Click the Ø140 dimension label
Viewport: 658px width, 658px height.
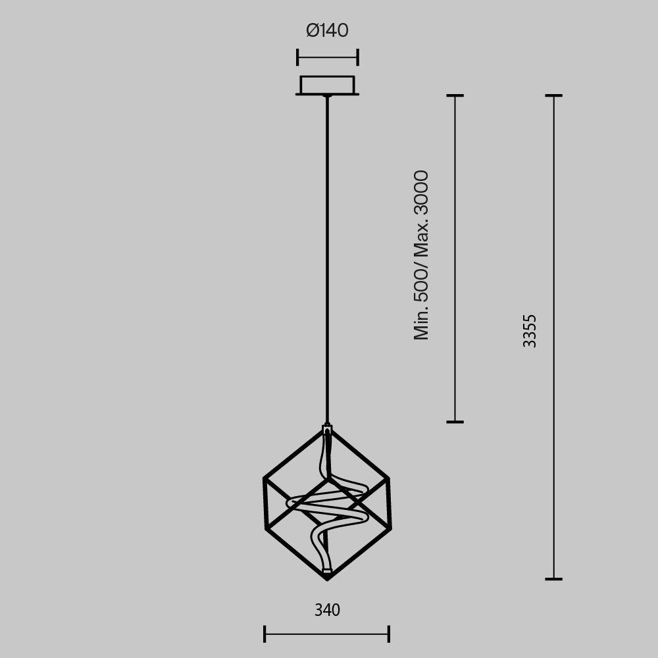327,31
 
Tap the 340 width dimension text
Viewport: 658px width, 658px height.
327,610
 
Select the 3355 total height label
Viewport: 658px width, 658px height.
530,331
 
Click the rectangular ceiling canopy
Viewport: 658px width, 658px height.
327,86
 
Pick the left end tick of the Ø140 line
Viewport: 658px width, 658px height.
297,57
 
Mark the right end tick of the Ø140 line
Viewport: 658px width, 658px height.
357,57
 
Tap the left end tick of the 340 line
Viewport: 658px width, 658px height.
265,634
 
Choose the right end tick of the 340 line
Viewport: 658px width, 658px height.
389,634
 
